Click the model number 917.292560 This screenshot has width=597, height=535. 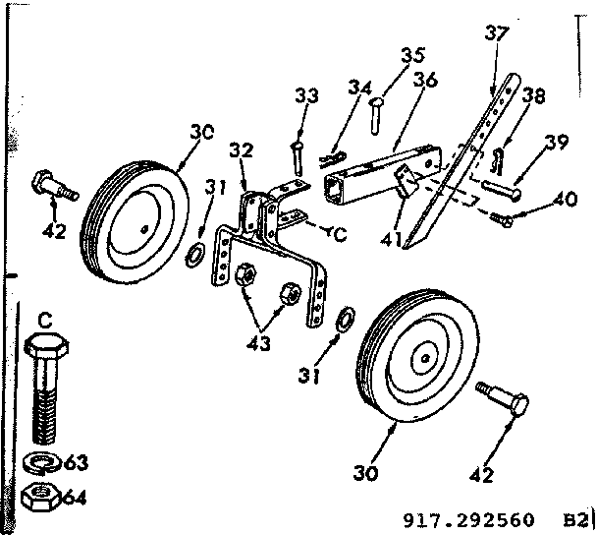pyautogui.click(x=468, y=518)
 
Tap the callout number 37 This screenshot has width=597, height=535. pyautogui.click(x=497, y=33)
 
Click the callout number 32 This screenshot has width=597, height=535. pyautogui.click(x=242, y=151)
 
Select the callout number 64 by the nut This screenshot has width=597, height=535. pyautogui.click(x=74, y=497)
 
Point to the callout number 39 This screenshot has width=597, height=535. pyautogui.click(x=557, y=145)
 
